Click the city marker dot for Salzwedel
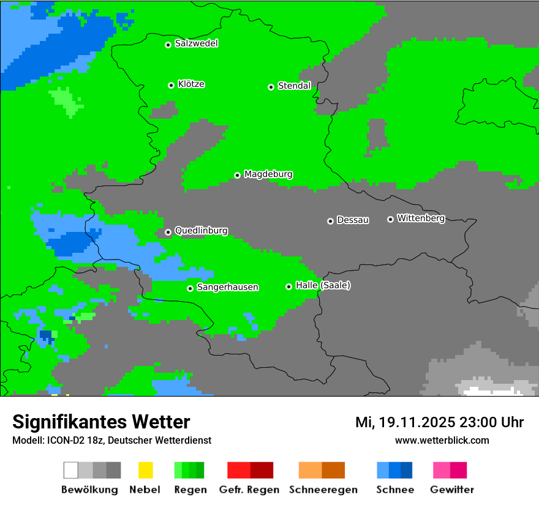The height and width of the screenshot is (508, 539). (168, 45)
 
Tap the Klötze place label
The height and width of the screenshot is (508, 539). (191, 84)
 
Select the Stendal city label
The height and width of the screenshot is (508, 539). (295, 86)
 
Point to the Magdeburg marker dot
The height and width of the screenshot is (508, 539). (238, 176)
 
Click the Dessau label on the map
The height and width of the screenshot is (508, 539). (353, 220)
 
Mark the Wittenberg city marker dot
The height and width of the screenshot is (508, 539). (390, 219)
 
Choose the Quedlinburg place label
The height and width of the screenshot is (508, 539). (201, 231)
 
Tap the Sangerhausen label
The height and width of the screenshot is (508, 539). (227, 287)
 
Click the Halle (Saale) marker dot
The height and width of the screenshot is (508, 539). (288, 286)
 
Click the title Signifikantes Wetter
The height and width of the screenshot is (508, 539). (101, 422)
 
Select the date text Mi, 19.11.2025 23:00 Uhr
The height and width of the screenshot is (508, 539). (439, 422)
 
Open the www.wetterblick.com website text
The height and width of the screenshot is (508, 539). (442, 440)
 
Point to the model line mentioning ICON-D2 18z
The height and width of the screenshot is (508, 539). (111, 440)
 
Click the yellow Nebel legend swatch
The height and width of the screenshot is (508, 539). (145, 470)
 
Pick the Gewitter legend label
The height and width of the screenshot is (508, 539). (452, 490)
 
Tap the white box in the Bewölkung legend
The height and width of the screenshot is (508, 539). (71, 470)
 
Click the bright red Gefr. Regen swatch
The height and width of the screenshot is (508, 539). (238, 470)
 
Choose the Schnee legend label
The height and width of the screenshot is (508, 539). (395, 490)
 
